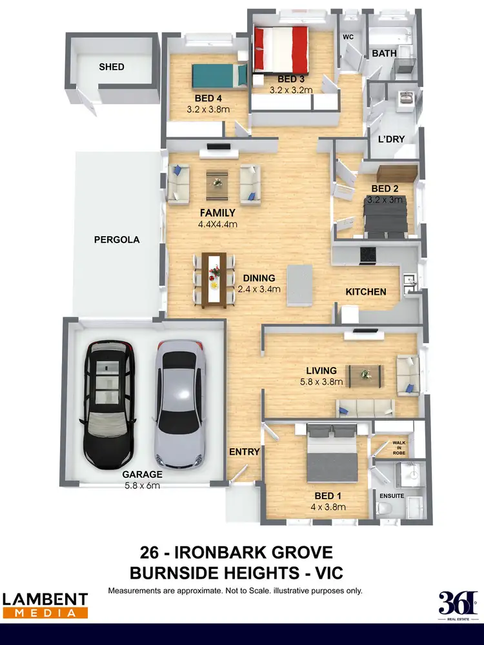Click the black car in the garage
(x=108, y=404)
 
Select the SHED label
(x=111, y=66)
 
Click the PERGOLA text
(x=117, y=239)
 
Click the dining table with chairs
(x=214, y=279)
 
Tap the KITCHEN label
(x=366, y=292)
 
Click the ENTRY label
(x=245, y=451)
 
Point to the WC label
(x=348, y=37)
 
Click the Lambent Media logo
(x=45, y=605)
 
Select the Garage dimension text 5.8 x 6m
(x=141, y=485)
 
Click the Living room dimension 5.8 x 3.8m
(x=321, y=381)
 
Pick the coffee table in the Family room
(x=217, y=184)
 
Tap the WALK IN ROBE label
(x=400, y=447)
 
